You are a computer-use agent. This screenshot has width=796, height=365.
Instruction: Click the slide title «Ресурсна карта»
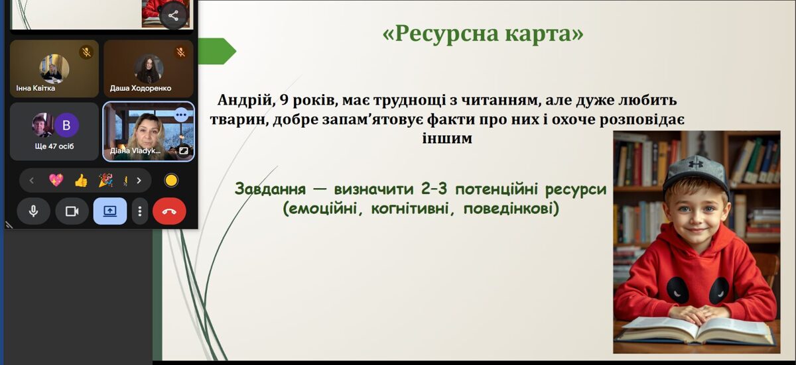point(483,34)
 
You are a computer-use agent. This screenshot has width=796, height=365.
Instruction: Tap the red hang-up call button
point(169,211)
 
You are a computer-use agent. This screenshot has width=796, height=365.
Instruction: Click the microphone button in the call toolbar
point(33,211)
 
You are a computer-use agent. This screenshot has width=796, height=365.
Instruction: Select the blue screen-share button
point(109,211)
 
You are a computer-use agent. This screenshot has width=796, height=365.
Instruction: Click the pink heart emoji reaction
point(56,180)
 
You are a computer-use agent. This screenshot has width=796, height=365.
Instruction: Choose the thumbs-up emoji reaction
point(81,180)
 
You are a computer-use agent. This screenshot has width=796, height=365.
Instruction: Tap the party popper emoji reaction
point(105,180)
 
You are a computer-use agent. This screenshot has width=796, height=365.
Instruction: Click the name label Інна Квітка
point(36,88)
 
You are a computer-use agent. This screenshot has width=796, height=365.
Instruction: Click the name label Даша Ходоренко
point(141,88)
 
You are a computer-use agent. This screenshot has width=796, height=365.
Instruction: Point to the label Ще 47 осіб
point(54,146)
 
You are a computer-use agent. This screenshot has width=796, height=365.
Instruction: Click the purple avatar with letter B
point(66,125)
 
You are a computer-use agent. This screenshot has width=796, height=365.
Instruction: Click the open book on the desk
point(696,329)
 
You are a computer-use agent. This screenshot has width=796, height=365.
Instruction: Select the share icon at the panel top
point(173,15)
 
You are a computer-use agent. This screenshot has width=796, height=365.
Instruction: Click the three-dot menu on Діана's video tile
point(181,115)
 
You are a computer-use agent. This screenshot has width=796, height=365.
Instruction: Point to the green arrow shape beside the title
point(217,51)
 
